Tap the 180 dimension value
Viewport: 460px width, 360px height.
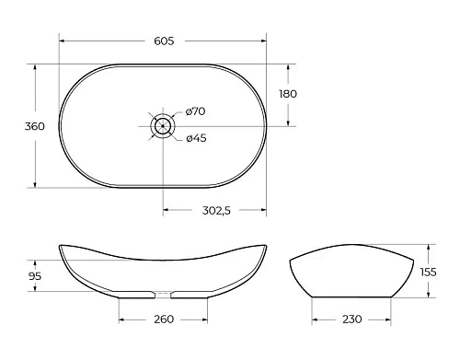pyautogui.click(x=288, y=94)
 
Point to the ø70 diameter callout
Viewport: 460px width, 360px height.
pyautogui.click(x=195, y=111)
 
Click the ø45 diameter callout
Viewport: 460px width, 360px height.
pyautogui.click(x=195, y=139)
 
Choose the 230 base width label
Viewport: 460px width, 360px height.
pyautogui.click(x=351, y=320)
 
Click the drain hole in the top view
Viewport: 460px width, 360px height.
pyautogui.click(x=163, y=126)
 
